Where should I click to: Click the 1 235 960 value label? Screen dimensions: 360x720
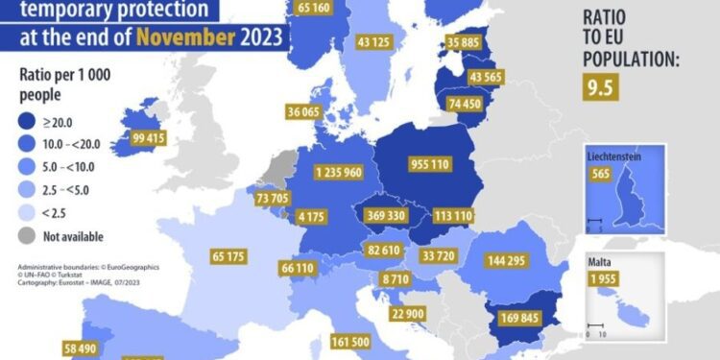click(338, 173)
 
